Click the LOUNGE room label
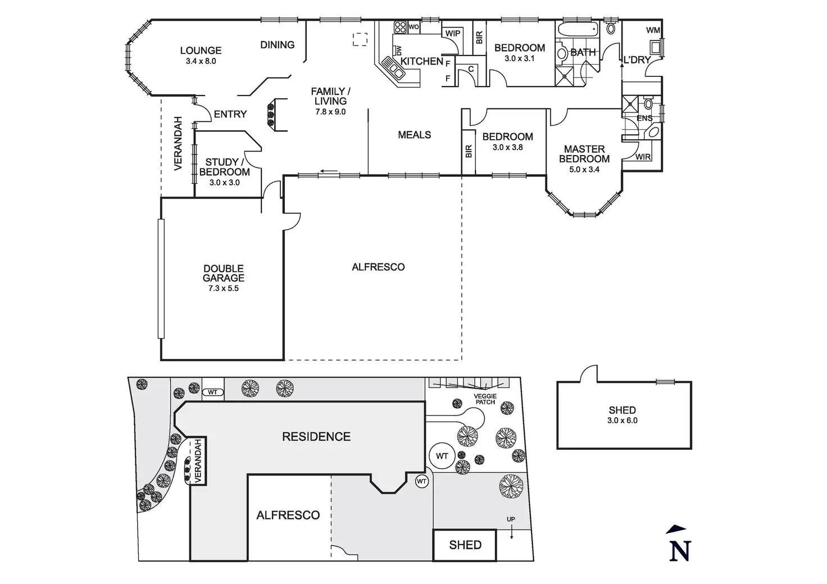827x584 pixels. (x=201, y=51)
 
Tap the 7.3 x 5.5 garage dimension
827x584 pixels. (x=224, y=289)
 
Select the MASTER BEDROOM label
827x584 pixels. (x=584, y=154)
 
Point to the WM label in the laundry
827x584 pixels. (x=653, y=30)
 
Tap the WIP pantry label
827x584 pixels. (x=453, y=34)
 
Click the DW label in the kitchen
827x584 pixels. (x=399, y=51)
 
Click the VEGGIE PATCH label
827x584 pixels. (x=485, y=399)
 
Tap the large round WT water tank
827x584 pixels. (x=442, y=456)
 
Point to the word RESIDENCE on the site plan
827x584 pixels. (x=316, y=436)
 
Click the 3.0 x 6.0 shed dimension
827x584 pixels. (x=623, y=420)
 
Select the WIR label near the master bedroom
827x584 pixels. (x=643, y=157)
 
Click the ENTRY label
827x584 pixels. (x=230, y=114)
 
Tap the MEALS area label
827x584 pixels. (x=414, y=135)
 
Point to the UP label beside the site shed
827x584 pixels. (x=511, y=519)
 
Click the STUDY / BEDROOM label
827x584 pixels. (x=224, y=167)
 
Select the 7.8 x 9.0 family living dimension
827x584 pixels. (x=330, y=112)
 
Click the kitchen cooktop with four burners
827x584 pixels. (x=400, y=27)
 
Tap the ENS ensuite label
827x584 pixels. (x=644, y=118)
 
